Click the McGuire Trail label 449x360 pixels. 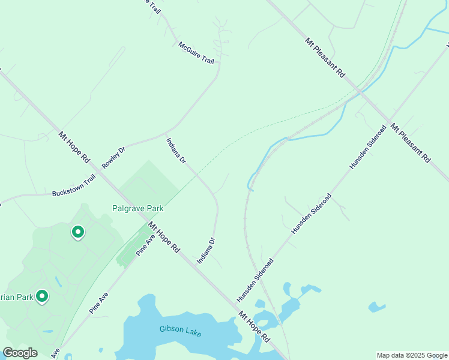point(196,53)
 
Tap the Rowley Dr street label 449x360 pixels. point(113,157)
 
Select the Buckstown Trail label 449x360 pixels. point(74,192)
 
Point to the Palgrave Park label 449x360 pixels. point(138,209)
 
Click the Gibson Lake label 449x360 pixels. point(181,331)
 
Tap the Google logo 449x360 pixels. point(20,353)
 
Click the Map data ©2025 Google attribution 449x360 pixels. point(412,355)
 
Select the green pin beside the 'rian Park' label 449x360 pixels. point(41,296)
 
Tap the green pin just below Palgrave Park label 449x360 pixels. point(77,232)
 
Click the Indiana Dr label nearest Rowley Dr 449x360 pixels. point(176,151)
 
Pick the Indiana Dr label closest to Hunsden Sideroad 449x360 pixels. point(206,251)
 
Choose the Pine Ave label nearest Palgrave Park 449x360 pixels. point(146,244)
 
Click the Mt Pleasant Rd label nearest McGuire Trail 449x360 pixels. point(325,58)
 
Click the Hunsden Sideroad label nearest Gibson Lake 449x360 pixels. point(255,280)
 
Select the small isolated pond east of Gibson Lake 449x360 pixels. point(376,308)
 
